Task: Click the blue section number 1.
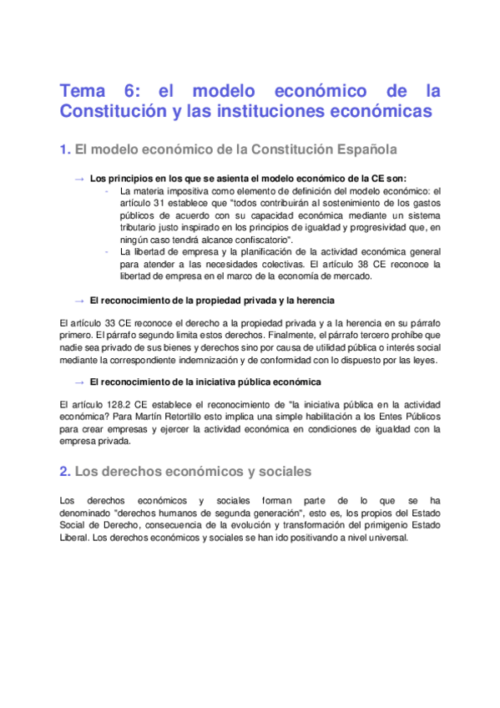[x=64, y=150]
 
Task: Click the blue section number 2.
[x=64, y=472]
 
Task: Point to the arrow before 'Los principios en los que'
[x=79, y=179]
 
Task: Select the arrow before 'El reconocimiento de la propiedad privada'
[x=79, y=300]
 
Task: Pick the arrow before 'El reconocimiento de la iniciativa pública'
[x=79, y=382]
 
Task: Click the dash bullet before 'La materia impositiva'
[x=108, y=190]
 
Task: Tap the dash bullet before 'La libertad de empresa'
[x=108, y=251]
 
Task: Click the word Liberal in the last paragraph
[x=75, y=538]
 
